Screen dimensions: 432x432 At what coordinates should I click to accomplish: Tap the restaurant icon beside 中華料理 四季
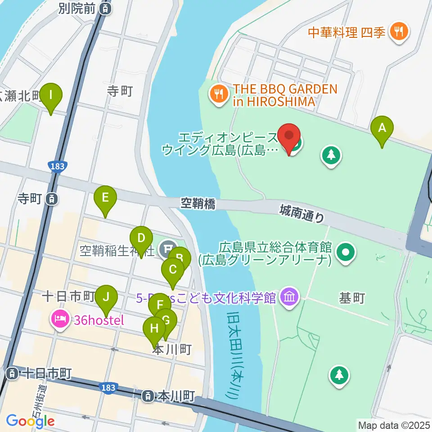click(x=398, y=32)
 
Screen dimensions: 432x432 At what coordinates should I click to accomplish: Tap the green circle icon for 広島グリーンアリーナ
click(x=346, y=252)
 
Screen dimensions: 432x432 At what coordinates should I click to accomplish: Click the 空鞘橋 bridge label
click(x=198, y=204)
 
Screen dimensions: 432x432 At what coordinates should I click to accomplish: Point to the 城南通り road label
click(x=301, y=212)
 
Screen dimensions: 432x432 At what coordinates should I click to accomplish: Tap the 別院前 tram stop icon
click(x=105, y=8)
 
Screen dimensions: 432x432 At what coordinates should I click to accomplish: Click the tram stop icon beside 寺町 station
click(x=53, y=198)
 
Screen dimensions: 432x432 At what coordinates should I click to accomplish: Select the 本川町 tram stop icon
click(x=147, y=396)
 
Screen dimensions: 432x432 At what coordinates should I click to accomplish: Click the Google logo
click(x=30, y=421)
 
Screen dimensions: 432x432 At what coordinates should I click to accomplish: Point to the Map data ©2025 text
click(x=394, y=425)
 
